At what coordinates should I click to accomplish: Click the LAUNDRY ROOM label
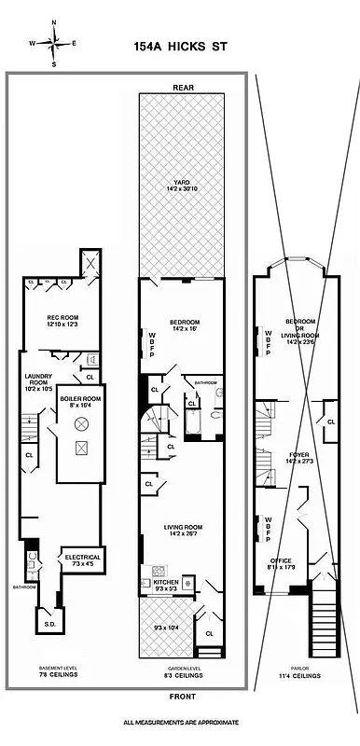(x=38, y=382)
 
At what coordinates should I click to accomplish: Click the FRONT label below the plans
(x=182, y=697)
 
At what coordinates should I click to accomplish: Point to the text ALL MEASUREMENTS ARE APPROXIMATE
(x=182, y=723)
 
